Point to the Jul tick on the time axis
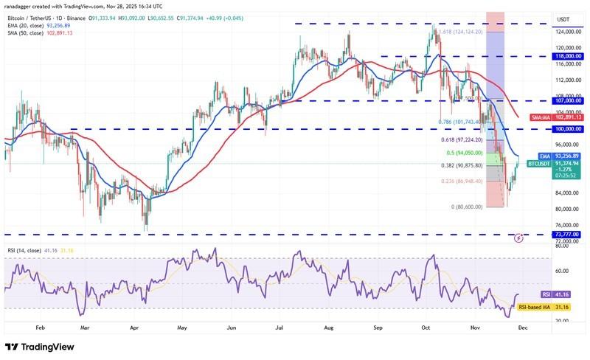[x=279, y=325]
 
